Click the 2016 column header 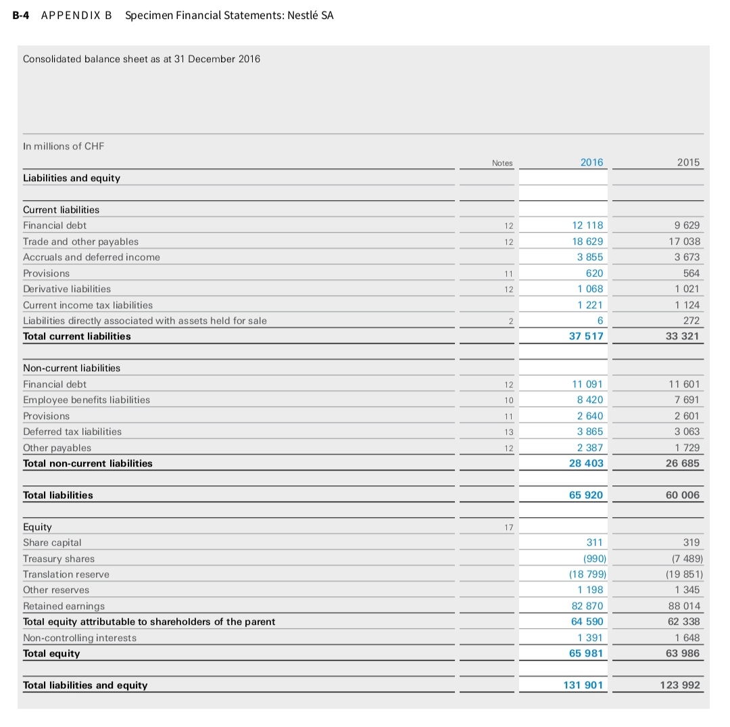tap(591, 162)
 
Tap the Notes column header tap(502, 163)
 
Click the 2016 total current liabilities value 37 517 tap(585, 336)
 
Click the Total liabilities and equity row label tap(85, 685)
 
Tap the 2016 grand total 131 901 tap(583, 685)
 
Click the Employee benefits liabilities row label tap(87, 400)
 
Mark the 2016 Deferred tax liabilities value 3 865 tap(590, 431)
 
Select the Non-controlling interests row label tap(80, 638)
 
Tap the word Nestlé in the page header tap(301, 15)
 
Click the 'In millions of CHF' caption tap(64, 146)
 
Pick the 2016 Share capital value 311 tap(595, 542)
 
